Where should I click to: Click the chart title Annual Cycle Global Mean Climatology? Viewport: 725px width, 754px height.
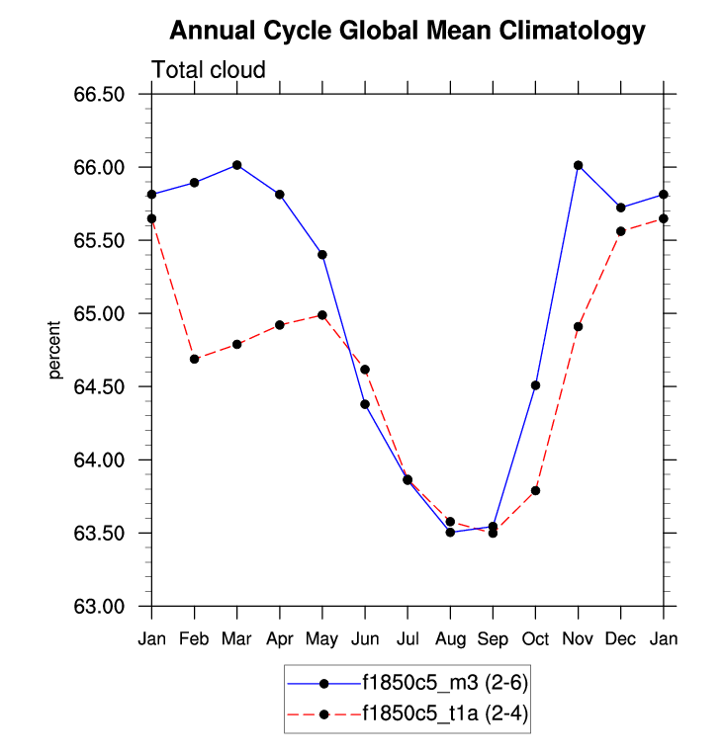408,32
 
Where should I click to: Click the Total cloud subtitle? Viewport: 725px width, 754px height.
209,70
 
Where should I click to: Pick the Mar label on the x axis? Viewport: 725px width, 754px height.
236,639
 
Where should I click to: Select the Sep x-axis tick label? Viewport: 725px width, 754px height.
493,639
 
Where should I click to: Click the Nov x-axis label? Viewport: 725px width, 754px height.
578,639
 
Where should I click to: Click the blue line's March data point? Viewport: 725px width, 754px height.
237,165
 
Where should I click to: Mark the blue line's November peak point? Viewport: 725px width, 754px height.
578,165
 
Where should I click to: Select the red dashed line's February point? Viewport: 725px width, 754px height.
195,359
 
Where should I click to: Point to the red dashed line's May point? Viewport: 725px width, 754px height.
322,315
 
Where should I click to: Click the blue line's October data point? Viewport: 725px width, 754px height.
535,385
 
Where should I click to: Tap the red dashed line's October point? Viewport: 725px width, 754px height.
535,490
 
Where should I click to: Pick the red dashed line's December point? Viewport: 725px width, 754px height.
621,231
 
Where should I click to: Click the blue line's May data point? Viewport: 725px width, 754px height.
322,254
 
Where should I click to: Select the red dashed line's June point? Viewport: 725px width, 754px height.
365,370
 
